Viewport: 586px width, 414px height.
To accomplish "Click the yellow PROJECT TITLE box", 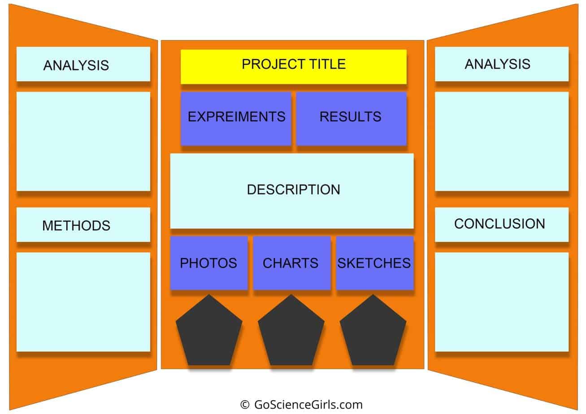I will pyautogui.click(x=293, y=66).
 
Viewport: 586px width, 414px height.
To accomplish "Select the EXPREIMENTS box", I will pyautogui.click(x=236, y=118).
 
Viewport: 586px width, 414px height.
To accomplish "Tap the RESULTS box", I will pyautogui.click(x=351, y=118).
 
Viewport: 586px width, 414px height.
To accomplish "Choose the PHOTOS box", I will pyautogui.click(x=208, y=263).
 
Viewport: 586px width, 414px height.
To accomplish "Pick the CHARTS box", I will pyautogui.click(x=291, y=263).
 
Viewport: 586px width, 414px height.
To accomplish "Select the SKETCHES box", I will pyautogui.click(x=374, y=263).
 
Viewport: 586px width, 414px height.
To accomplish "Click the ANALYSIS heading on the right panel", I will pyautogui.click(x=501, y=64).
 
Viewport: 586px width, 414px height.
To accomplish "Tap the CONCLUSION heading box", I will pyautogui.click(x=501, y=224).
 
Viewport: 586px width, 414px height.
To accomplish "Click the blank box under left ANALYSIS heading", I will pyautogui.click(x=83, y=141).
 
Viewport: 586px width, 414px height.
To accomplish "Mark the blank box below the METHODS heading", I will pyautogui.click(x=83, y=302).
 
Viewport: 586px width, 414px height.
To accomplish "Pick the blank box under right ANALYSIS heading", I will pyautogui.click(x=501, y=141).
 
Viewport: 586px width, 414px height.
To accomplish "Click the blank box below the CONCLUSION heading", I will pyautogui.click(x=501, y=302).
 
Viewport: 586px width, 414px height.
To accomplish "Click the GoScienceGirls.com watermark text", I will pyautogui.click(x=308, y=405).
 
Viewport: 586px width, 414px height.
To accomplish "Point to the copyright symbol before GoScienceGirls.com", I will pyautogui.click(x=245, y=405).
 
